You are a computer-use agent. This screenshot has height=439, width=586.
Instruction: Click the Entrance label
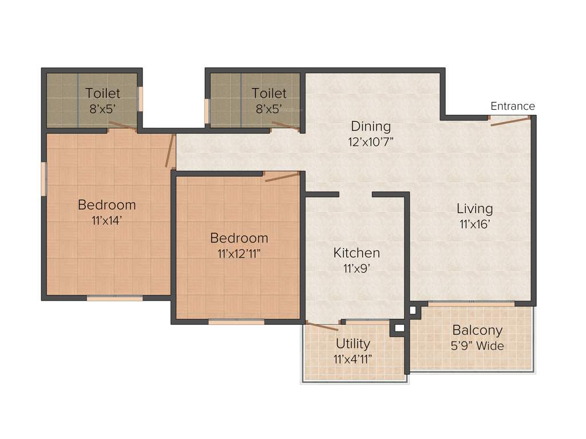512,106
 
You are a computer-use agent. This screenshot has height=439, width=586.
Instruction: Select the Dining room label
371,126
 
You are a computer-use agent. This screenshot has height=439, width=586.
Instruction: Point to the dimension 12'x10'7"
371,142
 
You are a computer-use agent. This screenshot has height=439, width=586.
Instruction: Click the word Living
474,209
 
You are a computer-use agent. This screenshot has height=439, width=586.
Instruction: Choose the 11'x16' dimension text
474,225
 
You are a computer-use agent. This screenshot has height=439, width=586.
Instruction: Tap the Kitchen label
357,253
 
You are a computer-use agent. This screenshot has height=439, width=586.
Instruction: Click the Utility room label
353,344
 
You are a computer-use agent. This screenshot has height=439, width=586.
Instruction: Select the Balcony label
477,330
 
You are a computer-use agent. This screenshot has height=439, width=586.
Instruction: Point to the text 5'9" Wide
477,346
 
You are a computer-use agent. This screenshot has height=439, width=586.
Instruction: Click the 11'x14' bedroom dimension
106,221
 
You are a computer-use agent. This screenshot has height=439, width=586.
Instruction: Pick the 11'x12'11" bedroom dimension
239,254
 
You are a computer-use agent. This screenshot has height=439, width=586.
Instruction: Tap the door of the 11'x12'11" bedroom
282,177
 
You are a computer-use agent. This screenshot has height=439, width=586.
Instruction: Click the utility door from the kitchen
322,326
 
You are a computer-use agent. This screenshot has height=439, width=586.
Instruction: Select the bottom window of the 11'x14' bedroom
114,298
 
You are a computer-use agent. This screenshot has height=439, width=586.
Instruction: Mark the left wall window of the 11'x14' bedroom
43,178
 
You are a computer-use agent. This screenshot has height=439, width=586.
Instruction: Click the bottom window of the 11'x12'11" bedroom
236,322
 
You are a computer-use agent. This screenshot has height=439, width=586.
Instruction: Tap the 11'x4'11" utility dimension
353,360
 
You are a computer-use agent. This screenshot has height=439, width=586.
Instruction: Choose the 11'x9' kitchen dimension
357,269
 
